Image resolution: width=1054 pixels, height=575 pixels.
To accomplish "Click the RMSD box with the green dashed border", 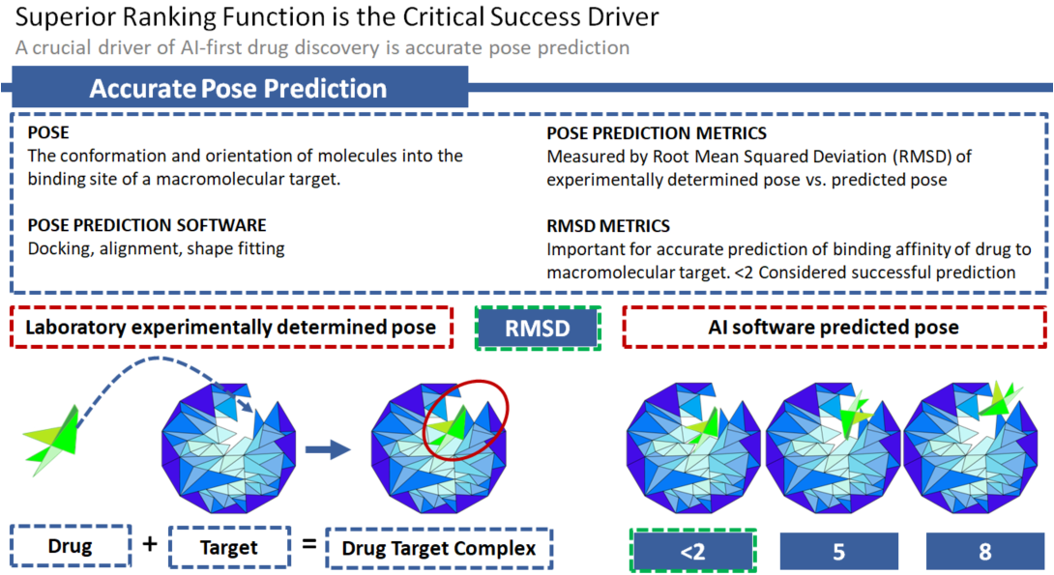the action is click(x=538, y=328).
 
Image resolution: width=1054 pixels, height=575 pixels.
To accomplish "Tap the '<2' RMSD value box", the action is click(x=693, y=551).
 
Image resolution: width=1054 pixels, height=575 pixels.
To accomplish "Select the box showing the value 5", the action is click(x=839, y=552).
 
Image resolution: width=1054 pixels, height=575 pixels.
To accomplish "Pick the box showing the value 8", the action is click(x=984, y=552).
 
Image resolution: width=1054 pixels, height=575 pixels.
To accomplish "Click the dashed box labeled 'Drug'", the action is click(x=71, y=546).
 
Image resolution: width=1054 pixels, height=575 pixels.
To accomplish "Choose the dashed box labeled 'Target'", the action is click(x=229, y=548).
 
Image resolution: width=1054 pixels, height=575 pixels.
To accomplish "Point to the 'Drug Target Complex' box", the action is click(x=439, y=548).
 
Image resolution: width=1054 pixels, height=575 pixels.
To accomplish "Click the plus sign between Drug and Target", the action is click(x=150, y=543).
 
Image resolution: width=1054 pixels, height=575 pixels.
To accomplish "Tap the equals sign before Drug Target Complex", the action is click(x=309, y=543).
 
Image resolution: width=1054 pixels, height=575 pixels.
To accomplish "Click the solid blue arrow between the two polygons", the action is click(x=328, y=449).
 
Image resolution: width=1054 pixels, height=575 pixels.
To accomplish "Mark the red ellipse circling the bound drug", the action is click(x=466, y=419).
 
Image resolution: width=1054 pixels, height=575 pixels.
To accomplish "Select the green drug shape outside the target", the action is click(x=52, y=440).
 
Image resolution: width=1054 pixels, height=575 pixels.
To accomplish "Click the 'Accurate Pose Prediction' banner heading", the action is click(x=238, y=88).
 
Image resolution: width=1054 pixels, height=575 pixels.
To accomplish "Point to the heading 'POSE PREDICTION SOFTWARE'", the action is click(x=147, y=225).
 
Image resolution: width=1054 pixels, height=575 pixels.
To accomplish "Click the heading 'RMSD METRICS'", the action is click(x=608, y=226).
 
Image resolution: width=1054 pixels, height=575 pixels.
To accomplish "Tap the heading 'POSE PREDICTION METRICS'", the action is click(x=657, y=133).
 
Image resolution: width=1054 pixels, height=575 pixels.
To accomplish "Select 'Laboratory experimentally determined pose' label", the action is click(x=230, y=328).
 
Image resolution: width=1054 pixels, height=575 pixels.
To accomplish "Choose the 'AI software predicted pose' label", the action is click(x=834, y=328).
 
